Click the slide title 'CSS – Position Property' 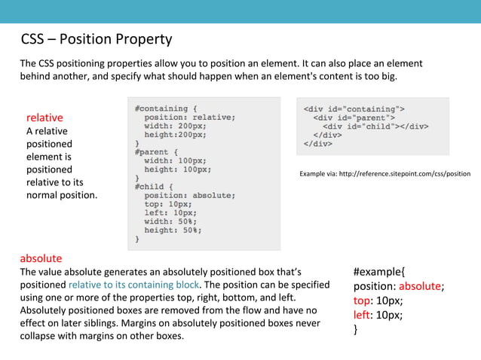[x=96, y=39]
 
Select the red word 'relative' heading [x=44, y=117]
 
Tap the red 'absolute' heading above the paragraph [x=41, y=258]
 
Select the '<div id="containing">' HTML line [x=354, y=108]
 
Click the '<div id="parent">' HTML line [x=354, y=117]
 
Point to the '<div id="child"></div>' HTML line [x=375, y=126]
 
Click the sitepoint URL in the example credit [x=405, y=174]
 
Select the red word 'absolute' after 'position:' [x=420, y=285]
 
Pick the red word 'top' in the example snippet [x=362, y=300]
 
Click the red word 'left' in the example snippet [x=362, y=314]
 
